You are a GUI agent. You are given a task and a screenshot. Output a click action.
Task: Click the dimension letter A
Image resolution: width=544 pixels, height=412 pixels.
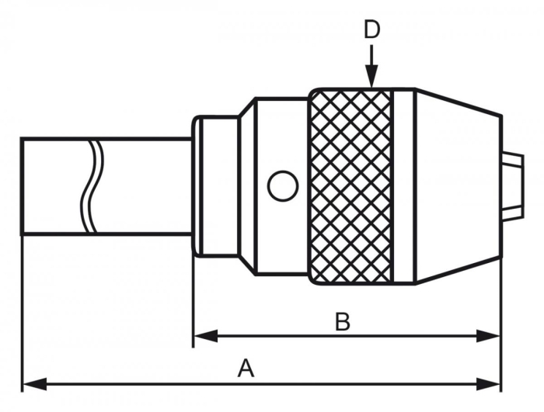tap(246, 368)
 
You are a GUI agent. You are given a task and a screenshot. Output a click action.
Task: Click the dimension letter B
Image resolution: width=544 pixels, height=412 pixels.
tap(342, 321)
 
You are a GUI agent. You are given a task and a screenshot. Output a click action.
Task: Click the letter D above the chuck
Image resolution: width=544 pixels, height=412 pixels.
tap(371, 29)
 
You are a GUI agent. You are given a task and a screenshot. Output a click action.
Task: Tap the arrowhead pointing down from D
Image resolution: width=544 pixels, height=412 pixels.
tap(371, 78)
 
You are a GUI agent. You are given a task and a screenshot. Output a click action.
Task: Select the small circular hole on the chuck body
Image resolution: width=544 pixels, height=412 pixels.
tap(282, 185)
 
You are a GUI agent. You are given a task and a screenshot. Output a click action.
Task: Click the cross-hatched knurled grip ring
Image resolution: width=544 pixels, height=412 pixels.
tap(350, 185)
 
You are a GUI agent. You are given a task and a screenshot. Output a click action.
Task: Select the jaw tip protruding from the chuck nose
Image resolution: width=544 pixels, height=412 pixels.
tap(511, 185)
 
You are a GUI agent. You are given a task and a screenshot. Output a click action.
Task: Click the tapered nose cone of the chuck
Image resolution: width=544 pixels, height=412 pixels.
tap(459, 185)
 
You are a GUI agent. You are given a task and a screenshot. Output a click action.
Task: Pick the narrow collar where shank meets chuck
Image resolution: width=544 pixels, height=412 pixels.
tap(200, 185)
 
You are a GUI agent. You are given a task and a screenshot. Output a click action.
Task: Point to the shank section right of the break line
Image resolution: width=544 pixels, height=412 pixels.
tap(144, 186)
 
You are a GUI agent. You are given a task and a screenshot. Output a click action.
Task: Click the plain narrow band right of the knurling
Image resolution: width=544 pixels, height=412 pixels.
tap(404, 185)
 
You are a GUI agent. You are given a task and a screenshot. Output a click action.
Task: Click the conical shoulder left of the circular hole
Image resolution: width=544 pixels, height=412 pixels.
tap(246, 185)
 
